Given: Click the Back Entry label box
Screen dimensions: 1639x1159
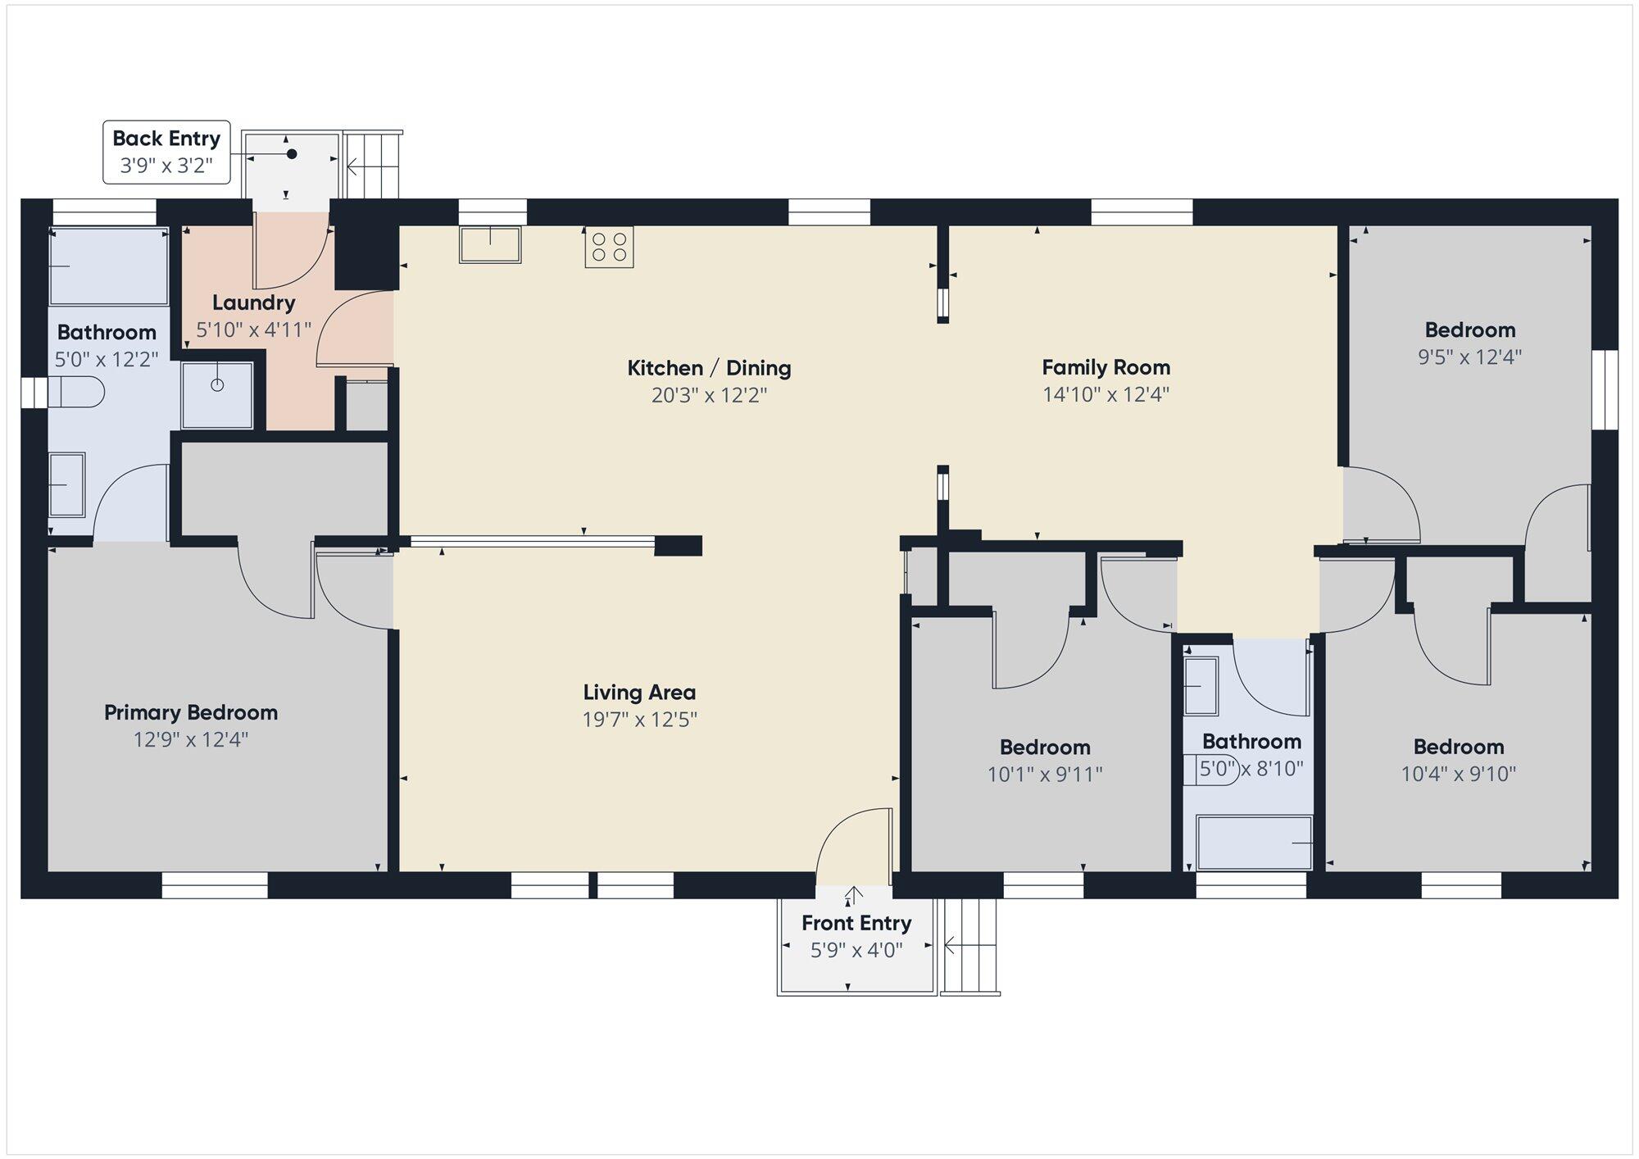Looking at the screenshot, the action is click(x=166, y=152).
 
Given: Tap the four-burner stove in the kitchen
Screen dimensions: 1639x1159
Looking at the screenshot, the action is click(x=609, y=248).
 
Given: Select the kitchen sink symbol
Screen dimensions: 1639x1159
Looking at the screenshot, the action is click(x=490, y=244).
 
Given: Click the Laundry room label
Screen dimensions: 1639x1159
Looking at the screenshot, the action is click(x=254, y=302).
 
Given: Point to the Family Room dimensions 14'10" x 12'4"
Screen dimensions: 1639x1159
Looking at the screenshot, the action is click(x=1106, y=394).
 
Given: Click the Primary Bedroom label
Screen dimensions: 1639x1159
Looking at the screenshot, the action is click(x=191, y=712).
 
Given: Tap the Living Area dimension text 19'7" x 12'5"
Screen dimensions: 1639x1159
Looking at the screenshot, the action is click(x=639, y=720).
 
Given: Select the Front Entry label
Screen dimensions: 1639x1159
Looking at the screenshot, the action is click(x=856, y=923).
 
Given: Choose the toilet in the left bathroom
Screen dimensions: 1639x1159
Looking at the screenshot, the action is click(x=76, y=392).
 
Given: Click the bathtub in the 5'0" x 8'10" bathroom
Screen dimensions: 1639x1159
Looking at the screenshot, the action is click(x=1254, y=843).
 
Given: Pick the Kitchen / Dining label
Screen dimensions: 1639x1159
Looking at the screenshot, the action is click(x=709, y=368).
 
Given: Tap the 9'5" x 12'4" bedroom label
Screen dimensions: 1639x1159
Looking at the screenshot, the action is click(x=1470, y=330).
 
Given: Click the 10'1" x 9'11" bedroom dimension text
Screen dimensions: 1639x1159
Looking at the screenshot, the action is click(x=1045, y=775).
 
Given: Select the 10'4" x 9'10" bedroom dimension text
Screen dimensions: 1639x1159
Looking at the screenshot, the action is click(x=1459, y=774).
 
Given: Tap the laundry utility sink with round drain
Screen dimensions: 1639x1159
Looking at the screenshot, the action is click(x=217, y=395).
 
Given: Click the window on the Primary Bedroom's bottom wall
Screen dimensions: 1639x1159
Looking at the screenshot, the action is click(x=215, y=885).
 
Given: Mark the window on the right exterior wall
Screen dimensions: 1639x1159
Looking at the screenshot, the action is click(x=1605, y=389).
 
